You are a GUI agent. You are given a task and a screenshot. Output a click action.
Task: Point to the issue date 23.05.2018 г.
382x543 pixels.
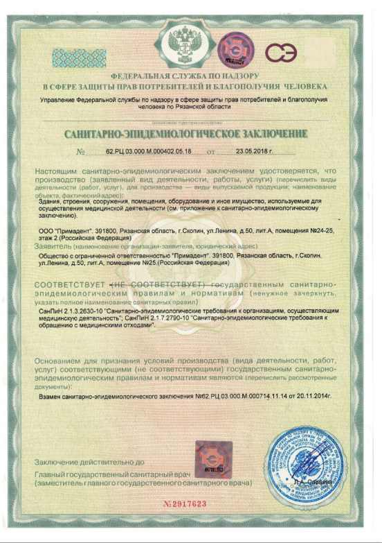click(x=255, y=150)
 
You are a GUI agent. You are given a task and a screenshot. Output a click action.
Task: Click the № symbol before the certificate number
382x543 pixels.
click(x=80, y=151)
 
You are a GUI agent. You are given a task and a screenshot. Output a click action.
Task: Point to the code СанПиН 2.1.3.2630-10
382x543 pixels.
click(x=67, y=312)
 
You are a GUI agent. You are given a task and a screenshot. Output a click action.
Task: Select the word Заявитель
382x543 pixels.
click(x=53, y=245)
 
